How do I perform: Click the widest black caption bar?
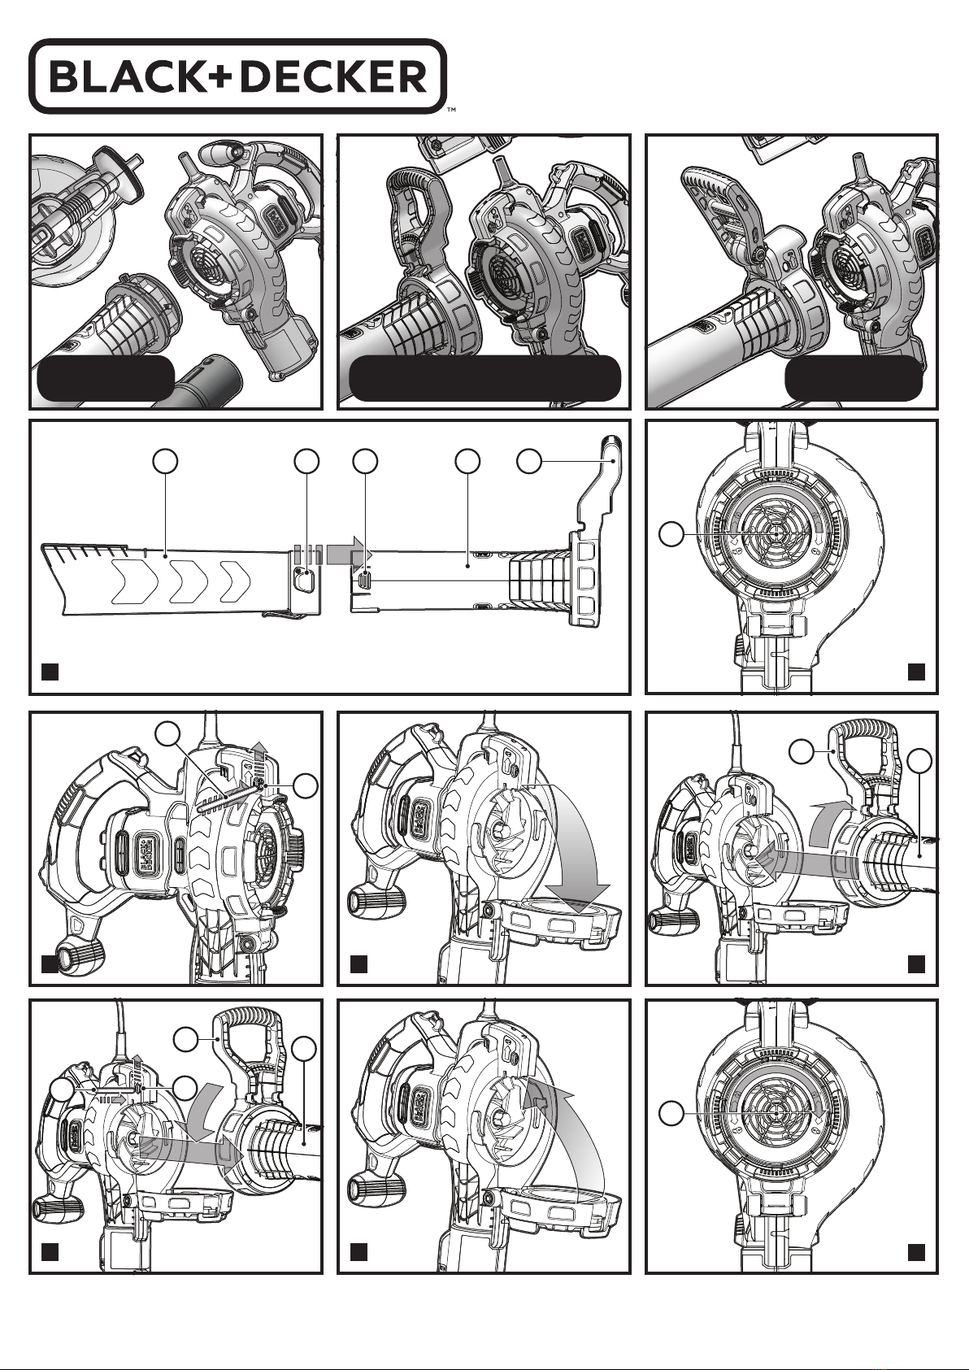click(484, 377)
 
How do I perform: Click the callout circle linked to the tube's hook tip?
click(530, 461)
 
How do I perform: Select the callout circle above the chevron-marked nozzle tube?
click(166, 461)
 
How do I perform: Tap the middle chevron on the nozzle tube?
click(185, 581)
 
